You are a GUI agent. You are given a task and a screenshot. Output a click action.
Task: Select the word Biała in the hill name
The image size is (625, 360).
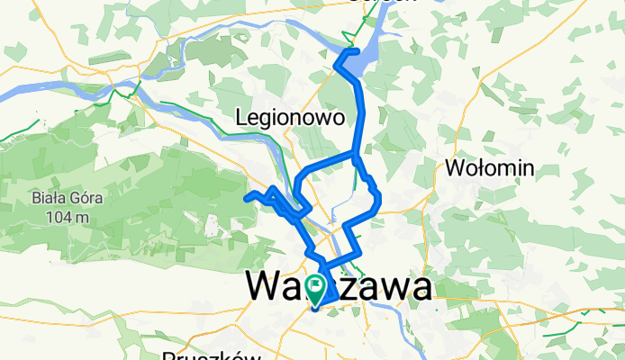pyautogui.click(x=44, y=199)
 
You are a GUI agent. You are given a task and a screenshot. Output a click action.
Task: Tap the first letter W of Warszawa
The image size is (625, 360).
pyautogui.click(x=262, y=287)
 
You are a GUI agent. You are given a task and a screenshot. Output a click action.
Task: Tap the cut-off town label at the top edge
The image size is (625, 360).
pyautogui.click(x=382, y=2)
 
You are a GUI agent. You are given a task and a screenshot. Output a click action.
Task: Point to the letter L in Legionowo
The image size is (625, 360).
pyautogui.click(x=240, y=117)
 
